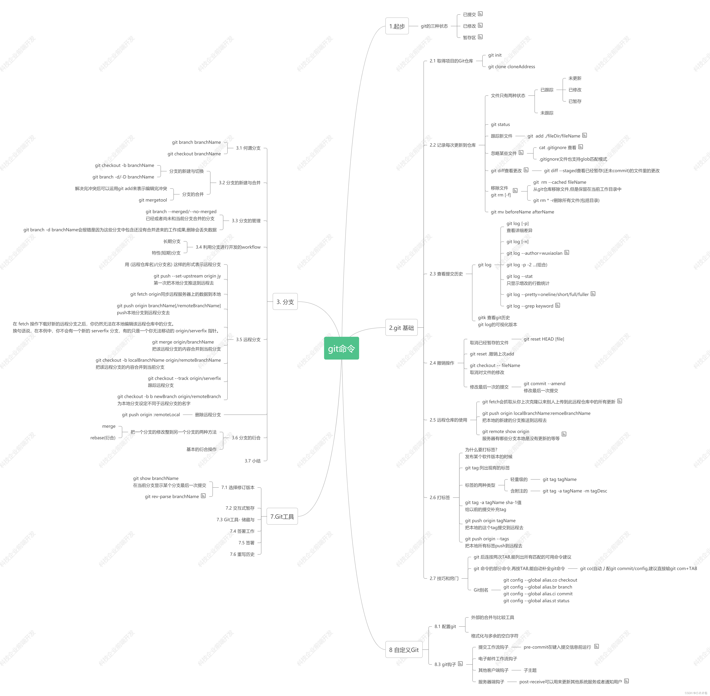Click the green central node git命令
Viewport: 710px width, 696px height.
point(341,348)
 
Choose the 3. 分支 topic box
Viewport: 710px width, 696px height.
point(285,302)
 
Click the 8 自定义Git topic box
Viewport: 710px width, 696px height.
point(404,650)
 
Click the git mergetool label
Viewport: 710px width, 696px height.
point(152,200)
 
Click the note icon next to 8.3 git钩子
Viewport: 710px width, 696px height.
point(460,663)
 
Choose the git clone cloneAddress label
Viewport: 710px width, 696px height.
point(511,67)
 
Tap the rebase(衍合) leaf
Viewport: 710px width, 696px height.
point(103,437)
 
